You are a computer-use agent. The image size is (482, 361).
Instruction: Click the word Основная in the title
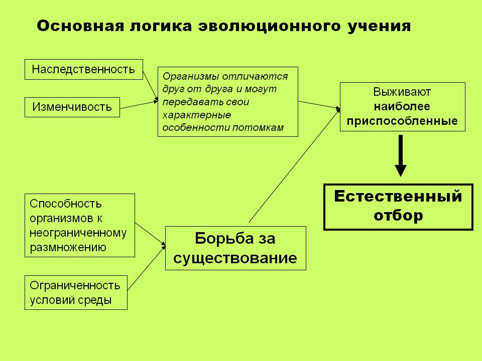point(80,26)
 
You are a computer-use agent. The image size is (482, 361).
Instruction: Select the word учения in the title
point(380,27)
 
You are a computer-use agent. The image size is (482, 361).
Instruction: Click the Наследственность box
point(84,69)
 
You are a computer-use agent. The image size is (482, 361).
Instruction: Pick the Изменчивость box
point(72,107)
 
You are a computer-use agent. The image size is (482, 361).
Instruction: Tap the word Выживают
point(402,92)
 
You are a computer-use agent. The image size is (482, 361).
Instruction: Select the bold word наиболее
point(402,106)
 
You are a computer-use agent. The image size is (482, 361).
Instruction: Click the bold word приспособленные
point(402,121)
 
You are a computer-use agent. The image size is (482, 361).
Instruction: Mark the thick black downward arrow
point(401,155)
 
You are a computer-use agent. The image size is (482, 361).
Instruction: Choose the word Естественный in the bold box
point(398,196)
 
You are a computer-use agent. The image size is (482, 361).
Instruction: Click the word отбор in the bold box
point(398,215)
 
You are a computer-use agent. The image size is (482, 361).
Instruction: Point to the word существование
point(235,258)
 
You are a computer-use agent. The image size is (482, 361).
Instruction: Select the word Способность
point(65,204)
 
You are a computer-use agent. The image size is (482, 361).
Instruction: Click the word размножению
point(68,247)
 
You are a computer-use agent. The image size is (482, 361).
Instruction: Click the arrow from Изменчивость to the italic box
point(139,105)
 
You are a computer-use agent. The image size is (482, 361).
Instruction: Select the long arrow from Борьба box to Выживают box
point(295,165)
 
